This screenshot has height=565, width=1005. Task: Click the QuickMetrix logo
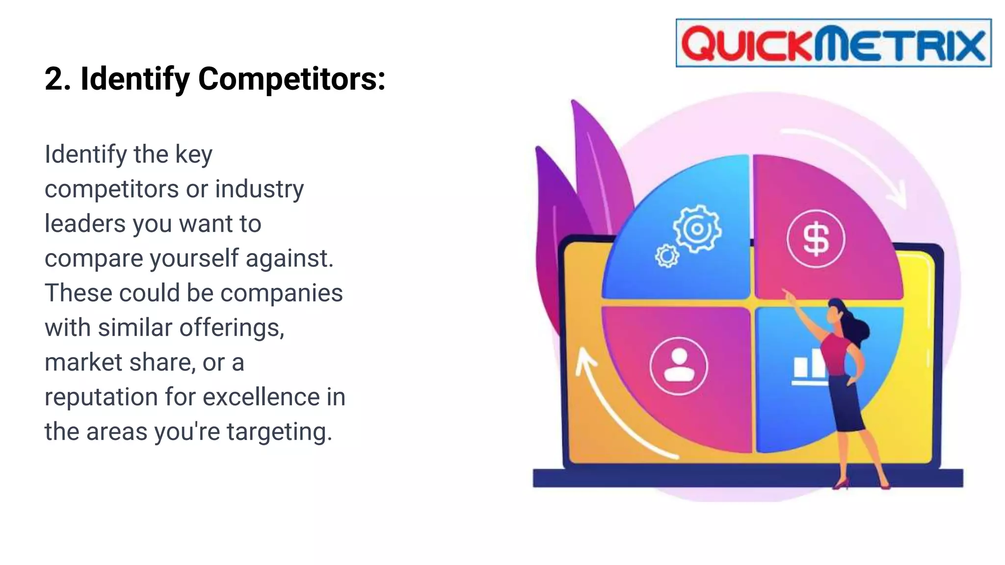tap(833, 43)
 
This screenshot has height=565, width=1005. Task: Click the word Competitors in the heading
tap(291, 78)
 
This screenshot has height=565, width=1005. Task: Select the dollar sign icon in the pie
tap(816, 239)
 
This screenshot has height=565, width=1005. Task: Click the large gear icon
tap(697, 229)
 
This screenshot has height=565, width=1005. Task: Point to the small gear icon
tap(667, 256)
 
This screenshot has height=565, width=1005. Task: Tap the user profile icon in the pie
tap(679, 366)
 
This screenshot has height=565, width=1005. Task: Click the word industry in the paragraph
tap(259, 189)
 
